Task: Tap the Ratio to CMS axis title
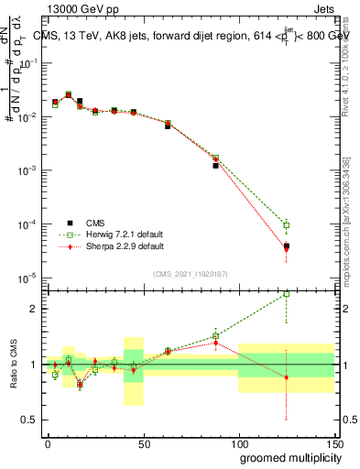pyautogui.click(x=14, y=365)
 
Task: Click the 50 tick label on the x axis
pyautogui.click(x=143, y=444)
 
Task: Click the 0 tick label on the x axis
pyautogui.click(x=48, y=444)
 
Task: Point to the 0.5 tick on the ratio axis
pyautogui.click(x=41, y=420)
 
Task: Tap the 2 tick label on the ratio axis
pyautogui.click(x=32, y=309)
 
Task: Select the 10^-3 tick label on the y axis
pyautogui.click(x=27, y=170)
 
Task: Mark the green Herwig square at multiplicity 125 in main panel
pyautogui.click(x=287, y=225)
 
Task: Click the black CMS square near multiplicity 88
pyautogui.click(x=215, y=166)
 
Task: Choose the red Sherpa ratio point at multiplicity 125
pyautogui.click(x=287, y=377)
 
